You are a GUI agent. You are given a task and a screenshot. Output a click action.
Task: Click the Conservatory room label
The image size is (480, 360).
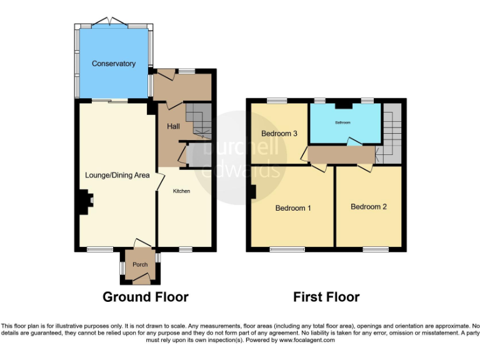[114, 64]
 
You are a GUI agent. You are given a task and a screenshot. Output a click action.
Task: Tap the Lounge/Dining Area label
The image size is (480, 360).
[117, 176]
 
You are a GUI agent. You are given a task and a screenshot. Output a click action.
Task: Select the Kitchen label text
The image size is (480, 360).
[182, 191]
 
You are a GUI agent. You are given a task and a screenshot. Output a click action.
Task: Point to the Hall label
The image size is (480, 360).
[173, 127]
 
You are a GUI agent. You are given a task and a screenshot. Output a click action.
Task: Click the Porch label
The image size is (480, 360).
[140, 265]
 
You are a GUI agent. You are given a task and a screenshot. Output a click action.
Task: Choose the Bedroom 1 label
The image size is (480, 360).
[293, 208]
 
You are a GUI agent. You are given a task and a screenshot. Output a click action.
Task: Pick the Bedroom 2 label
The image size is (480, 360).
[368, 207]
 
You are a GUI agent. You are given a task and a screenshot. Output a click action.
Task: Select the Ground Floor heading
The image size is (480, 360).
[145, 297]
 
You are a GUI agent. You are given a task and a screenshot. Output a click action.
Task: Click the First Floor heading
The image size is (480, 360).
[326, 297]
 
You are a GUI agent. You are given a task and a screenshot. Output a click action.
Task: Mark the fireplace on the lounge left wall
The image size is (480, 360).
[84, 202]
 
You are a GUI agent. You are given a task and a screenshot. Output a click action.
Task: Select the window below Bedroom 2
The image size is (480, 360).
[376, 249]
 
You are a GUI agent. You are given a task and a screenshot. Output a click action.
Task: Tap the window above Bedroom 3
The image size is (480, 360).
[276, 101]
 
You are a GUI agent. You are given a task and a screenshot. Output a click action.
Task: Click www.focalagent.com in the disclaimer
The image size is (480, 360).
[306, 341]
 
